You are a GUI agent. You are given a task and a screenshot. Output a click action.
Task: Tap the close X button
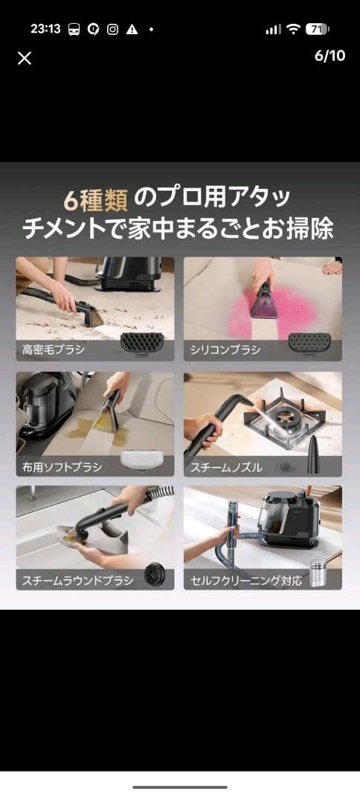tap(25, 58)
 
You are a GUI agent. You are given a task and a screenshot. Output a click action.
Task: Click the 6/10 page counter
tap(330, 56)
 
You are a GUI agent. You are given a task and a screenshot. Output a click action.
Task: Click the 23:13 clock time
tap(45, 29)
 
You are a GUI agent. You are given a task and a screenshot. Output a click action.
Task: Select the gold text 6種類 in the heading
tap(95, 199)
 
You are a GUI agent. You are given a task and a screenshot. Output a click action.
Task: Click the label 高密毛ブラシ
tap(54, 349)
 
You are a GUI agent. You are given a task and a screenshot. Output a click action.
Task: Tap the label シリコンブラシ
tap(226, 349)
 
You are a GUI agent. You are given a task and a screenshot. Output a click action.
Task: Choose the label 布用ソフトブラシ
tap(62, 467)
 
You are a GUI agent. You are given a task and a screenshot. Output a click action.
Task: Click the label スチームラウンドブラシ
tap(77, 581)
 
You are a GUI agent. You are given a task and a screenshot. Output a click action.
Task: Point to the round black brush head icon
tap(156, 574)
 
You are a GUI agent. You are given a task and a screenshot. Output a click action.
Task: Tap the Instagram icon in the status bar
tap(113, 30)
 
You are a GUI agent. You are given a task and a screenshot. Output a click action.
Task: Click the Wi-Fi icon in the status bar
tap(293, 29)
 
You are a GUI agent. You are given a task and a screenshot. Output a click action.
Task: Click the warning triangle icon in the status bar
tap(132, 30)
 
